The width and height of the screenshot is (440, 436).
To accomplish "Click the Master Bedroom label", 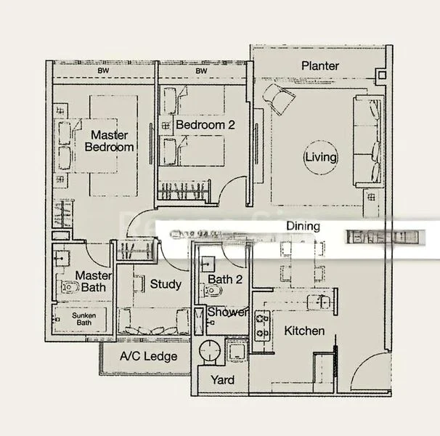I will (x=109, y=141).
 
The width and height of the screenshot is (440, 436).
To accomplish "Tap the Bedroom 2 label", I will (x=205, y=125).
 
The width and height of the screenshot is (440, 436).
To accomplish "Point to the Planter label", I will (x=320, y=66).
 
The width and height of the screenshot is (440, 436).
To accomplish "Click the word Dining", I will (x=302, y=226).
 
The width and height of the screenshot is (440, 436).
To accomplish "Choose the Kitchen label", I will (x=304, y=331).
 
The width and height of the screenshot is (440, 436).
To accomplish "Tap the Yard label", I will (x=221, y=380).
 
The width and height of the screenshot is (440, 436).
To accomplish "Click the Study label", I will (x=166, y=284).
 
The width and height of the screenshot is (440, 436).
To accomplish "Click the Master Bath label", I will (x=94, y=281).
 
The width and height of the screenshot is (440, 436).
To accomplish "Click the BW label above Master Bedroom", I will (x=103, y=71).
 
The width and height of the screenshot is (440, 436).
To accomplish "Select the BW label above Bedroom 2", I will (x=201, y=71).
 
